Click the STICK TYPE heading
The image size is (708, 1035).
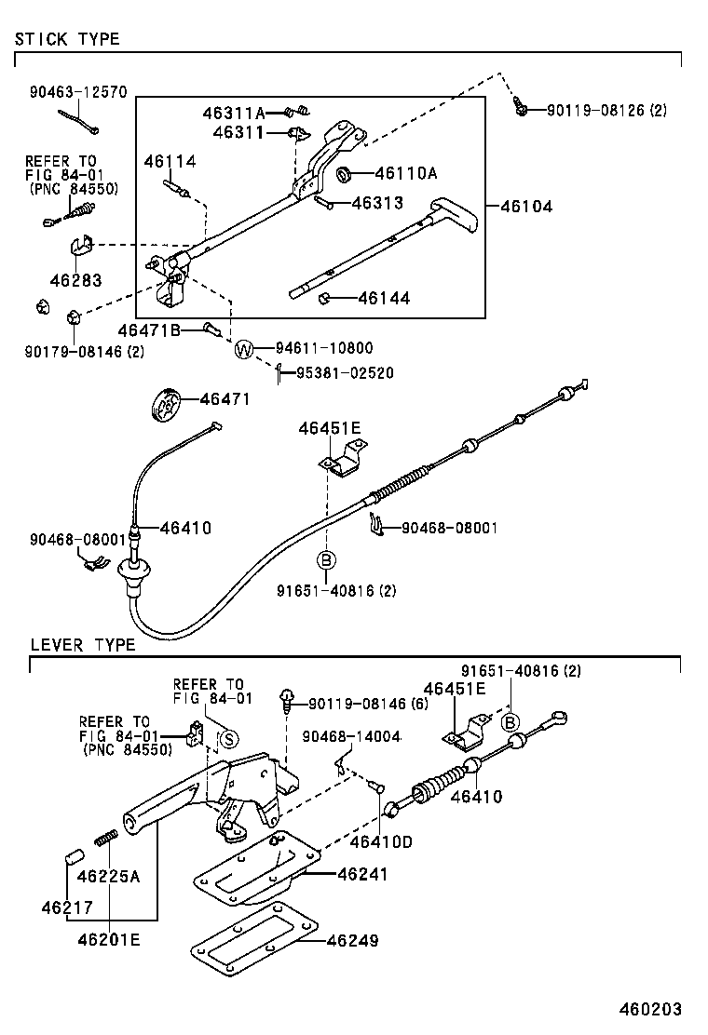[66, 39]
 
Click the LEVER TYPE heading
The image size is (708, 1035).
[82, 644]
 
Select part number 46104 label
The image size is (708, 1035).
[526, 207]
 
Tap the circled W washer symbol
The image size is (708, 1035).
[243, 350]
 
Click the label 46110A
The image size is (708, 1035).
[406, 173]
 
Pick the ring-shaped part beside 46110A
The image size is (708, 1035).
[343, 173]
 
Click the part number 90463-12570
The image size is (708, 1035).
[77, 93]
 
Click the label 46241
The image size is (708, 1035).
[362, 874]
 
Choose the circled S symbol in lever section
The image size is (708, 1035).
[229, 738]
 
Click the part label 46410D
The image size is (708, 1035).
[381, 842]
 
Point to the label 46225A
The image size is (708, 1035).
[108, 876]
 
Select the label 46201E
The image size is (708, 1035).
[108, 940]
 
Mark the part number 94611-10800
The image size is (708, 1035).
[323, 349]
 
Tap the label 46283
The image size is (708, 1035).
[76, 279]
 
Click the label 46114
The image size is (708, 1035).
[170, 162]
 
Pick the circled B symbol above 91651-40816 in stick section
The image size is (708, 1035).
[326, 559]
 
